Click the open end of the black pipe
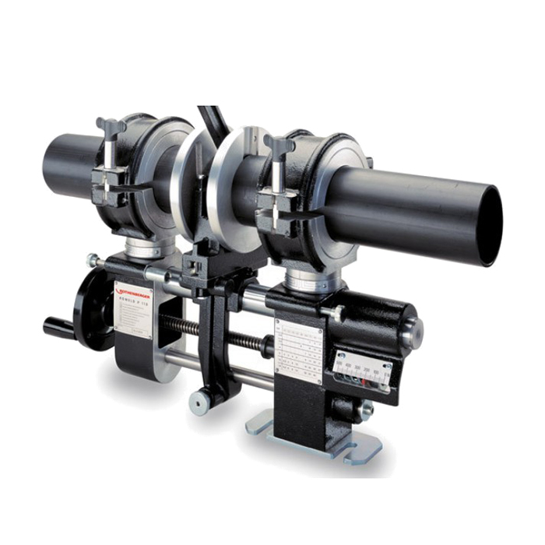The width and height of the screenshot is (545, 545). coord(483,224)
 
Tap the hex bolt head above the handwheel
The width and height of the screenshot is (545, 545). coord(93,260)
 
